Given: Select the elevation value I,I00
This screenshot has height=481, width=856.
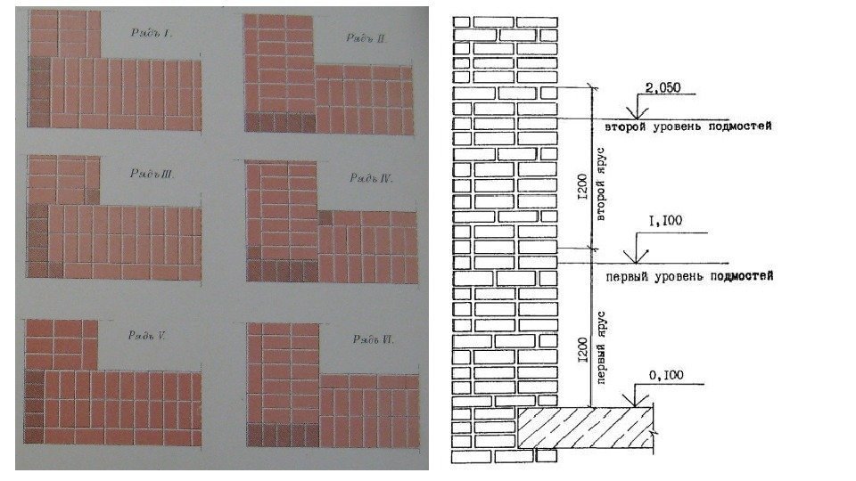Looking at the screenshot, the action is coord(670,218).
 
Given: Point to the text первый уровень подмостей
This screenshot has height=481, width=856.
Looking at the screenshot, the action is coord(688,277).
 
